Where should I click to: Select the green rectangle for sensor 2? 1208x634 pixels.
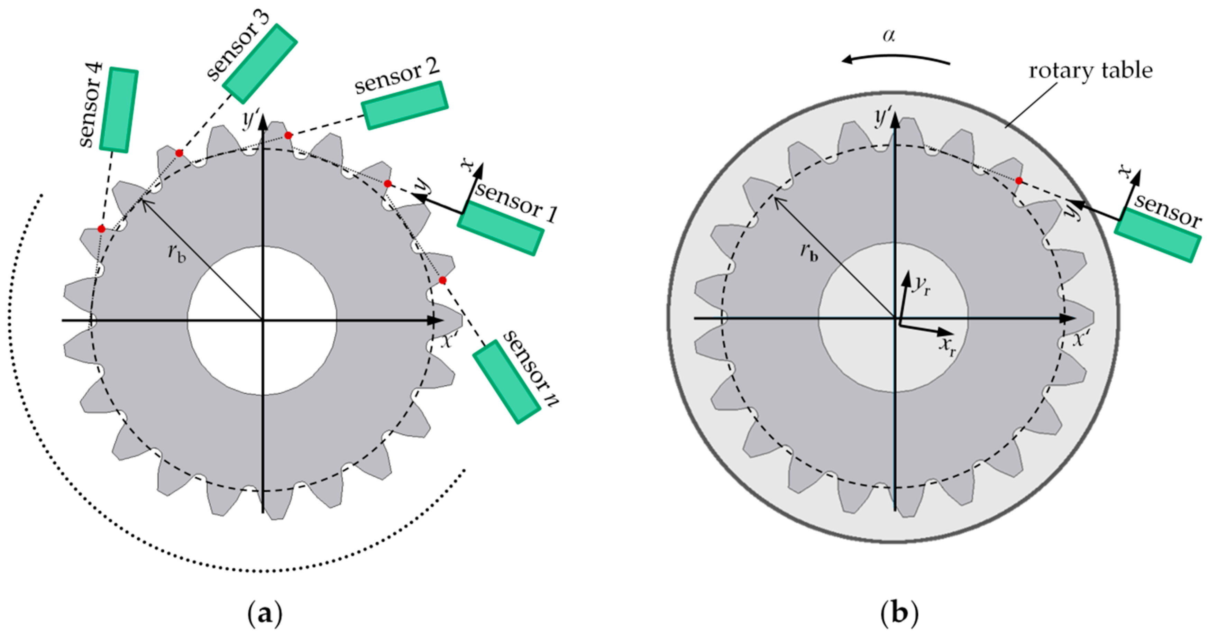coord(405,105)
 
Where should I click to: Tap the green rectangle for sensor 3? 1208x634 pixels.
coord(260,64)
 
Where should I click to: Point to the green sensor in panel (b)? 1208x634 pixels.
coord(1158,235)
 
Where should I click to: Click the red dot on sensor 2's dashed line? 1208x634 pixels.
coord(289,136)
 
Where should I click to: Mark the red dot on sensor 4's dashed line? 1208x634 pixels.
coord(101,229)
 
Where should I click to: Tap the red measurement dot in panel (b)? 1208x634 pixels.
coord(1018,181)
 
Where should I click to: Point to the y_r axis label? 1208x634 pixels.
coord(921,285)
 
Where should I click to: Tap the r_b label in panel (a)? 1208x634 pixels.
coord(177,253)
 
